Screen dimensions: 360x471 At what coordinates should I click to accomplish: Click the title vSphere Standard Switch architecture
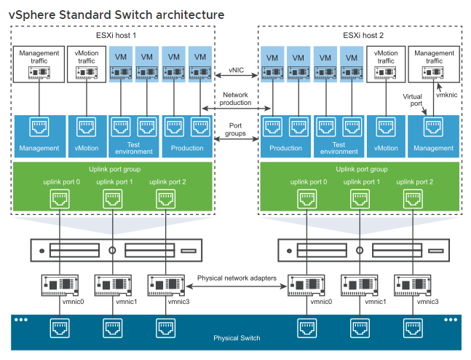pyautogui.click(x=116, y=14)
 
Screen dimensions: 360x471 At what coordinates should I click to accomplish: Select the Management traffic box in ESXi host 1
pyautogui.click(x=39, y=64)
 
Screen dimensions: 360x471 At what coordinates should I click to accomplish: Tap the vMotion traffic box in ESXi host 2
pyautogui.click(x=386, y=64)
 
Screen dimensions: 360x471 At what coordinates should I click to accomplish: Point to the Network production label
pyautogui.click(x=235, y=99)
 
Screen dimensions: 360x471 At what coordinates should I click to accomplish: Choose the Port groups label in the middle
pyautogui.click(x=235, y=129)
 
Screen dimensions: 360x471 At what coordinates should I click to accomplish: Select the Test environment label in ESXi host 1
pyautogui.click(x=134, y=148)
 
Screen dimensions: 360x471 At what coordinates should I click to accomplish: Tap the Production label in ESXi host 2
pyautogui.click(x=285, y=148)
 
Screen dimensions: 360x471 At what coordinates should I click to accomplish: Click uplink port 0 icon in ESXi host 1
pyautogui.click(x=58, y=198)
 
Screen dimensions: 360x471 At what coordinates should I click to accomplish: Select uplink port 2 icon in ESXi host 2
pyautogui.click(x=413, y=198)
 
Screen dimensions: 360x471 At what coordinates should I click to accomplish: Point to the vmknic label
pyautogui.click(x=446, y=95)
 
